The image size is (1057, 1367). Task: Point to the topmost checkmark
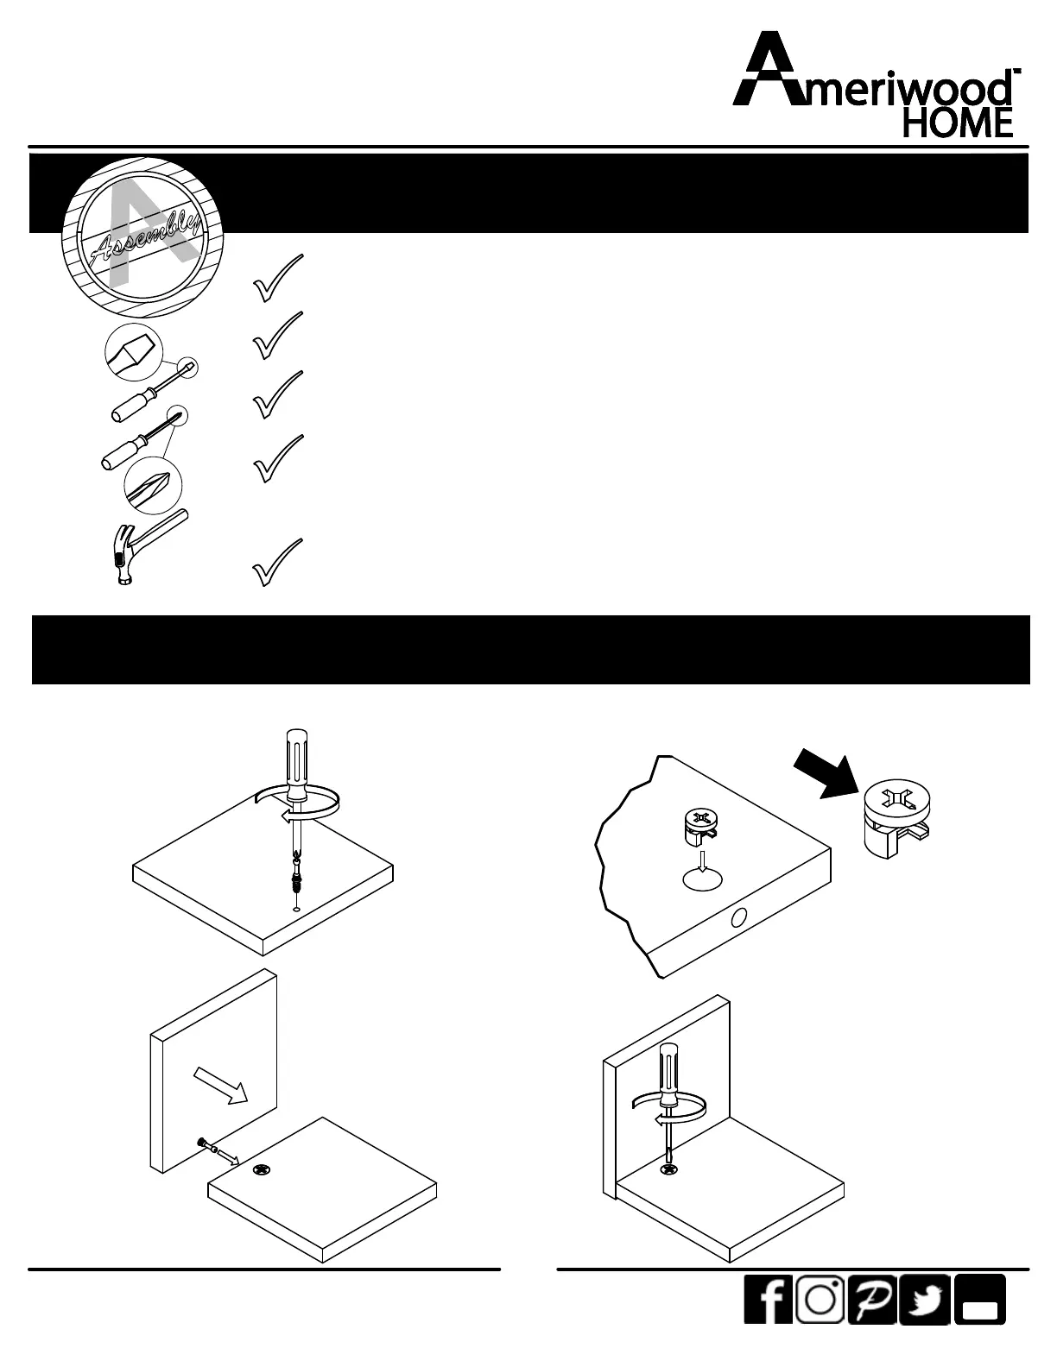278,277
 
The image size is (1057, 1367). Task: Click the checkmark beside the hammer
278,562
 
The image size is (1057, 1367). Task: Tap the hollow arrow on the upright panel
222,1084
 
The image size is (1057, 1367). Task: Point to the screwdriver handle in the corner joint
668,1074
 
